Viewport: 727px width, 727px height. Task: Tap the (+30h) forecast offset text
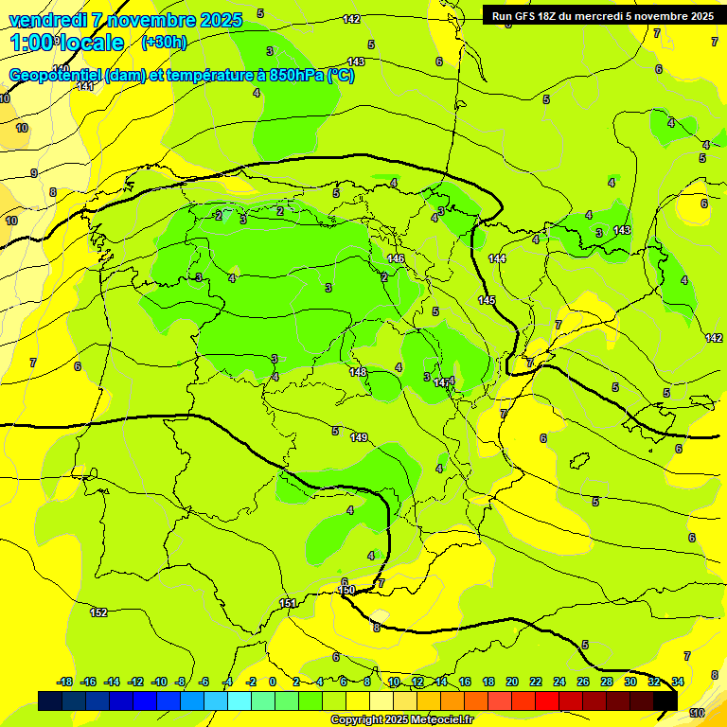tap(164, 42)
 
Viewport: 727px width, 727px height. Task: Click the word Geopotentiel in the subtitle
tap(56, 76)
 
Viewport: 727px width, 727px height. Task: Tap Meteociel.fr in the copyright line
tap(442, 719)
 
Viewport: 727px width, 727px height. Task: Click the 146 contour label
tap(396, 258)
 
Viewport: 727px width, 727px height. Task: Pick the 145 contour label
tap(487, 300)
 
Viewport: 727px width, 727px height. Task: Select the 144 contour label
tap(497, 258)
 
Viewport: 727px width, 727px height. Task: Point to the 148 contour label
tap(358, 372)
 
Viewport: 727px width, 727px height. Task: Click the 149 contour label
tap(359, 437)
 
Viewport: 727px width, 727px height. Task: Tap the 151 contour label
tap(288, 603)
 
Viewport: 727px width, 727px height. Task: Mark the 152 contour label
tap(98, 612)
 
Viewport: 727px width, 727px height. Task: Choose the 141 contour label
tap(85, 86)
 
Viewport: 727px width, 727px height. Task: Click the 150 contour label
tap(346, 590)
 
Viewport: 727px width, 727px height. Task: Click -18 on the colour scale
tap(64, 682)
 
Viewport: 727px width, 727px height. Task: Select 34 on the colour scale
tap(678, 682)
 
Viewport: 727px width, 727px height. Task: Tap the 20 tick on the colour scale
tap(512, 682)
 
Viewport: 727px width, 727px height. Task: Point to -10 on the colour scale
tap(158, 682)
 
